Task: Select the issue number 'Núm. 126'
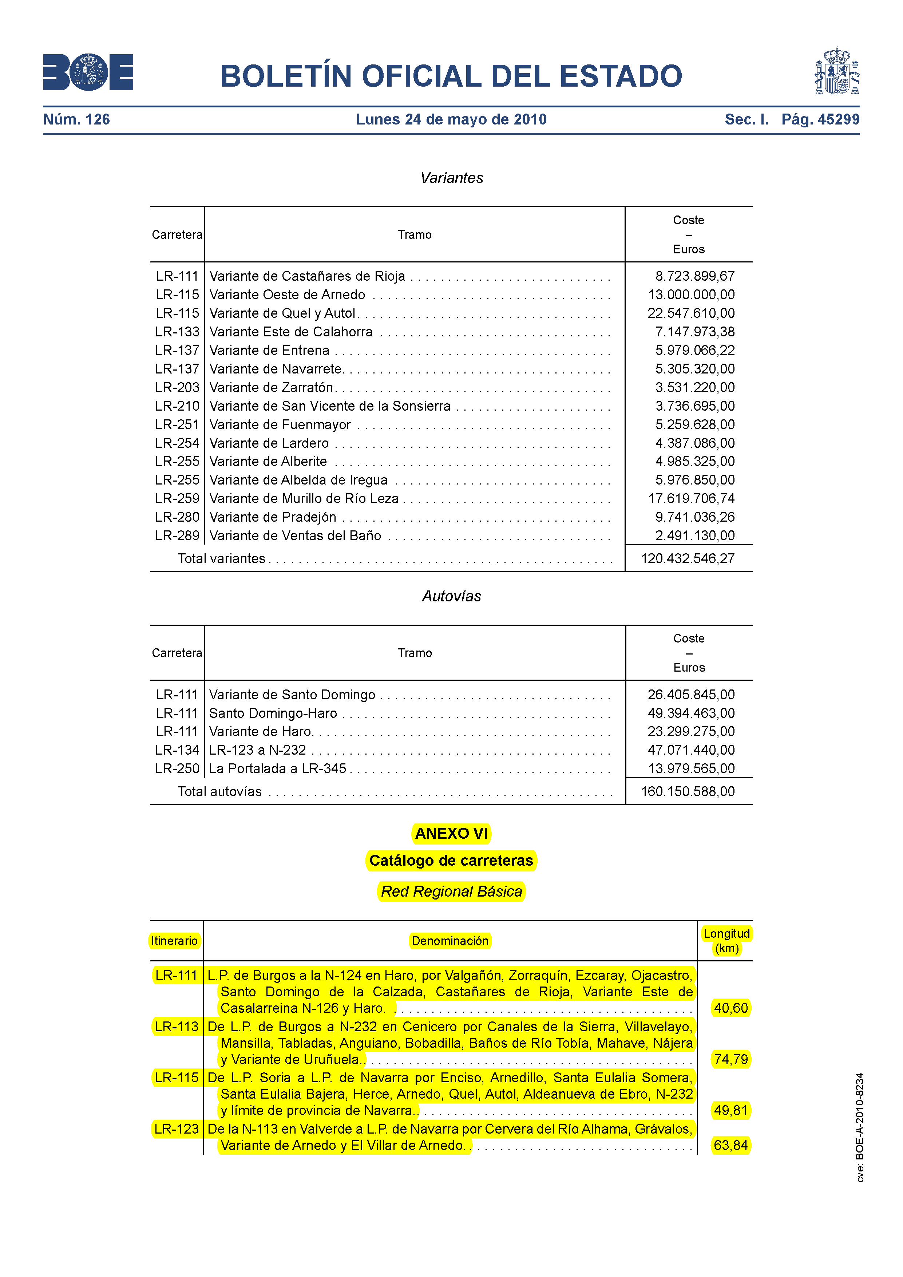point(77,119)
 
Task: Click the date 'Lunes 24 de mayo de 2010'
point(451,119)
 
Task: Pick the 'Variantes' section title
point(451,178)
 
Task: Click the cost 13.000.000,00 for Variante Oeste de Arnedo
point(691,295)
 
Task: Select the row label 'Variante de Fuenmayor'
point(280,425)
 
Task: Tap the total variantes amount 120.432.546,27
point(688,558)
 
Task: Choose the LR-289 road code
point(177,535)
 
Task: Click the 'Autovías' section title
point(451,596)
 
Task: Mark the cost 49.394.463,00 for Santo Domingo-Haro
point(691,713)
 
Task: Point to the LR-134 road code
point(177,750)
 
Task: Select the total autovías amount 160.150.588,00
point(688,791)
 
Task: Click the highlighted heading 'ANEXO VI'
point(451,834)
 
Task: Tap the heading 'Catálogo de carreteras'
point(451,861)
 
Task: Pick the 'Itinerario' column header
point(175,941)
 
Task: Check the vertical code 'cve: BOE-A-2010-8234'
point(860,1127)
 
